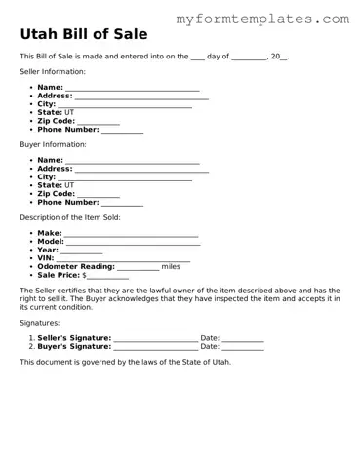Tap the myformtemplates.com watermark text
(262, 19)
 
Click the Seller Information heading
(53, 72)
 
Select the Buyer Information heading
(53, 144)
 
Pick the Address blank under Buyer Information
(140, 169)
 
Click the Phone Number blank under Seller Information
(122, 130)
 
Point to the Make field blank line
(131, 234)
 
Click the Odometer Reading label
(76, 266)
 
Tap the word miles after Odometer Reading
(171, 266)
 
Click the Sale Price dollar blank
(108, 275)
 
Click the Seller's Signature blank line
(155, 337)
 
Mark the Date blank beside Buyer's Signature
(243, 346)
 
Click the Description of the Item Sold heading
(70, 217)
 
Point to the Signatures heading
(40, 322)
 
